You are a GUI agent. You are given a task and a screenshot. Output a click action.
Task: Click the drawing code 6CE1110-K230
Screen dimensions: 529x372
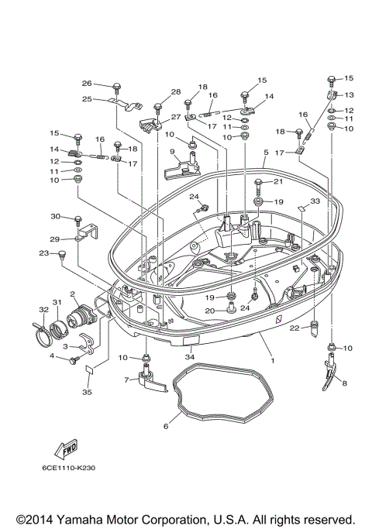(69, 467)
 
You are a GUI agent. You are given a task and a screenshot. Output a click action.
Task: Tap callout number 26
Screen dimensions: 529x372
(87, 84)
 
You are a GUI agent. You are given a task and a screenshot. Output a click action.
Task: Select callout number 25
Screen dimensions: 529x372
(87, 98)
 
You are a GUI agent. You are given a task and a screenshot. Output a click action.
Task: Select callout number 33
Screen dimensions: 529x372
(315, 201)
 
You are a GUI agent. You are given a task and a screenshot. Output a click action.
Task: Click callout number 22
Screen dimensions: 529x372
(294, 328)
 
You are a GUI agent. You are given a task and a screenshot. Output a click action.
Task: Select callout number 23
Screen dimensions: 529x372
(43, 253)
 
